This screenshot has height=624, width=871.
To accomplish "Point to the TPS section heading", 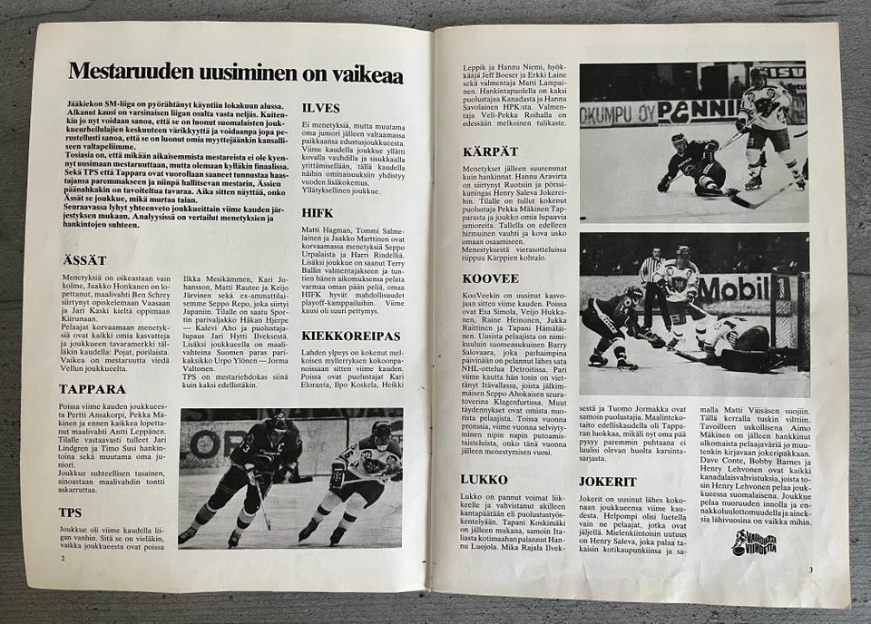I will click(70, 512).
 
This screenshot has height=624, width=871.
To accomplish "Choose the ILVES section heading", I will click(320, 109).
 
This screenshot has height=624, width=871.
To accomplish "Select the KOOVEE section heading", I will click(490, 278).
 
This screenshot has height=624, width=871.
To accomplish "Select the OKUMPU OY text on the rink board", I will click(617, 112).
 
